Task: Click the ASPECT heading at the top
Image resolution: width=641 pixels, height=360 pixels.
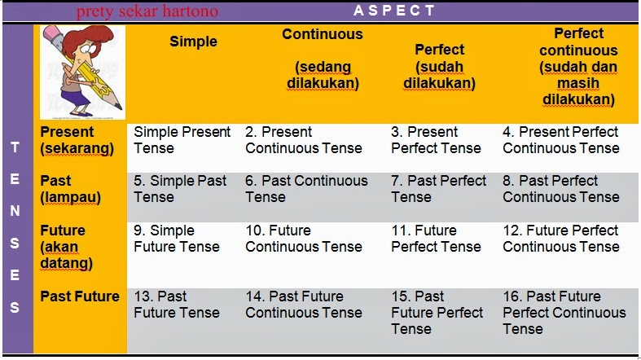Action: pos(395,11)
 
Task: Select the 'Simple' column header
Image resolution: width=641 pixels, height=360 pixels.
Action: pos(193,42)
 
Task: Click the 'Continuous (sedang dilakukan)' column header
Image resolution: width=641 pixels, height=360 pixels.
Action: pos(323,59)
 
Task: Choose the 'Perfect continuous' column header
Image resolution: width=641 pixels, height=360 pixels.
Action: pos(578,67)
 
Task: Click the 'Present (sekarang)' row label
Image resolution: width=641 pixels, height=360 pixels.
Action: pos(77,140)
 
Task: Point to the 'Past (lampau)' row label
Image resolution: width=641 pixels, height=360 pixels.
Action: pos(66,189)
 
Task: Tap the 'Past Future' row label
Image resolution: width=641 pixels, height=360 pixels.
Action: pos(80,296)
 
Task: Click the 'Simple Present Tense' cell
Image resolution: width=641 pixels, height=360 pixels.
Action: pos(182,140)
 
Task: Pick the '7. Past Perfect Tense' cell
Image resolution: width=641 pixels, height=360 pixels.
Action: pos(438,189)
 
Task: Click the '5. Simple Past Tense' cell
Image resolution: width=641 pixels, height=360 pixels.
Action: pos(180,189)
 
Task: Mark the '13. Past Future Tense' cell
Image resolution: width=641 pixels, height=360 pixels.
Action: pos(176,305)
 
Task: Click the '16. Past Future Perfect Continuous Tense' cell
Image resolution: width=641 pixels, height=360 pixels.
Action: pos(564,313)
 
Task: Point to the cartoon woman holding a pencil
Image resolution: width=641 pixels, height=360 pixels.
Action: pos(81,72)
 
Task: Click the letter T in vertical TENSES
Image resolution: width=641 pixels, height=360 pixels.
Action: pos(15,148)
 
